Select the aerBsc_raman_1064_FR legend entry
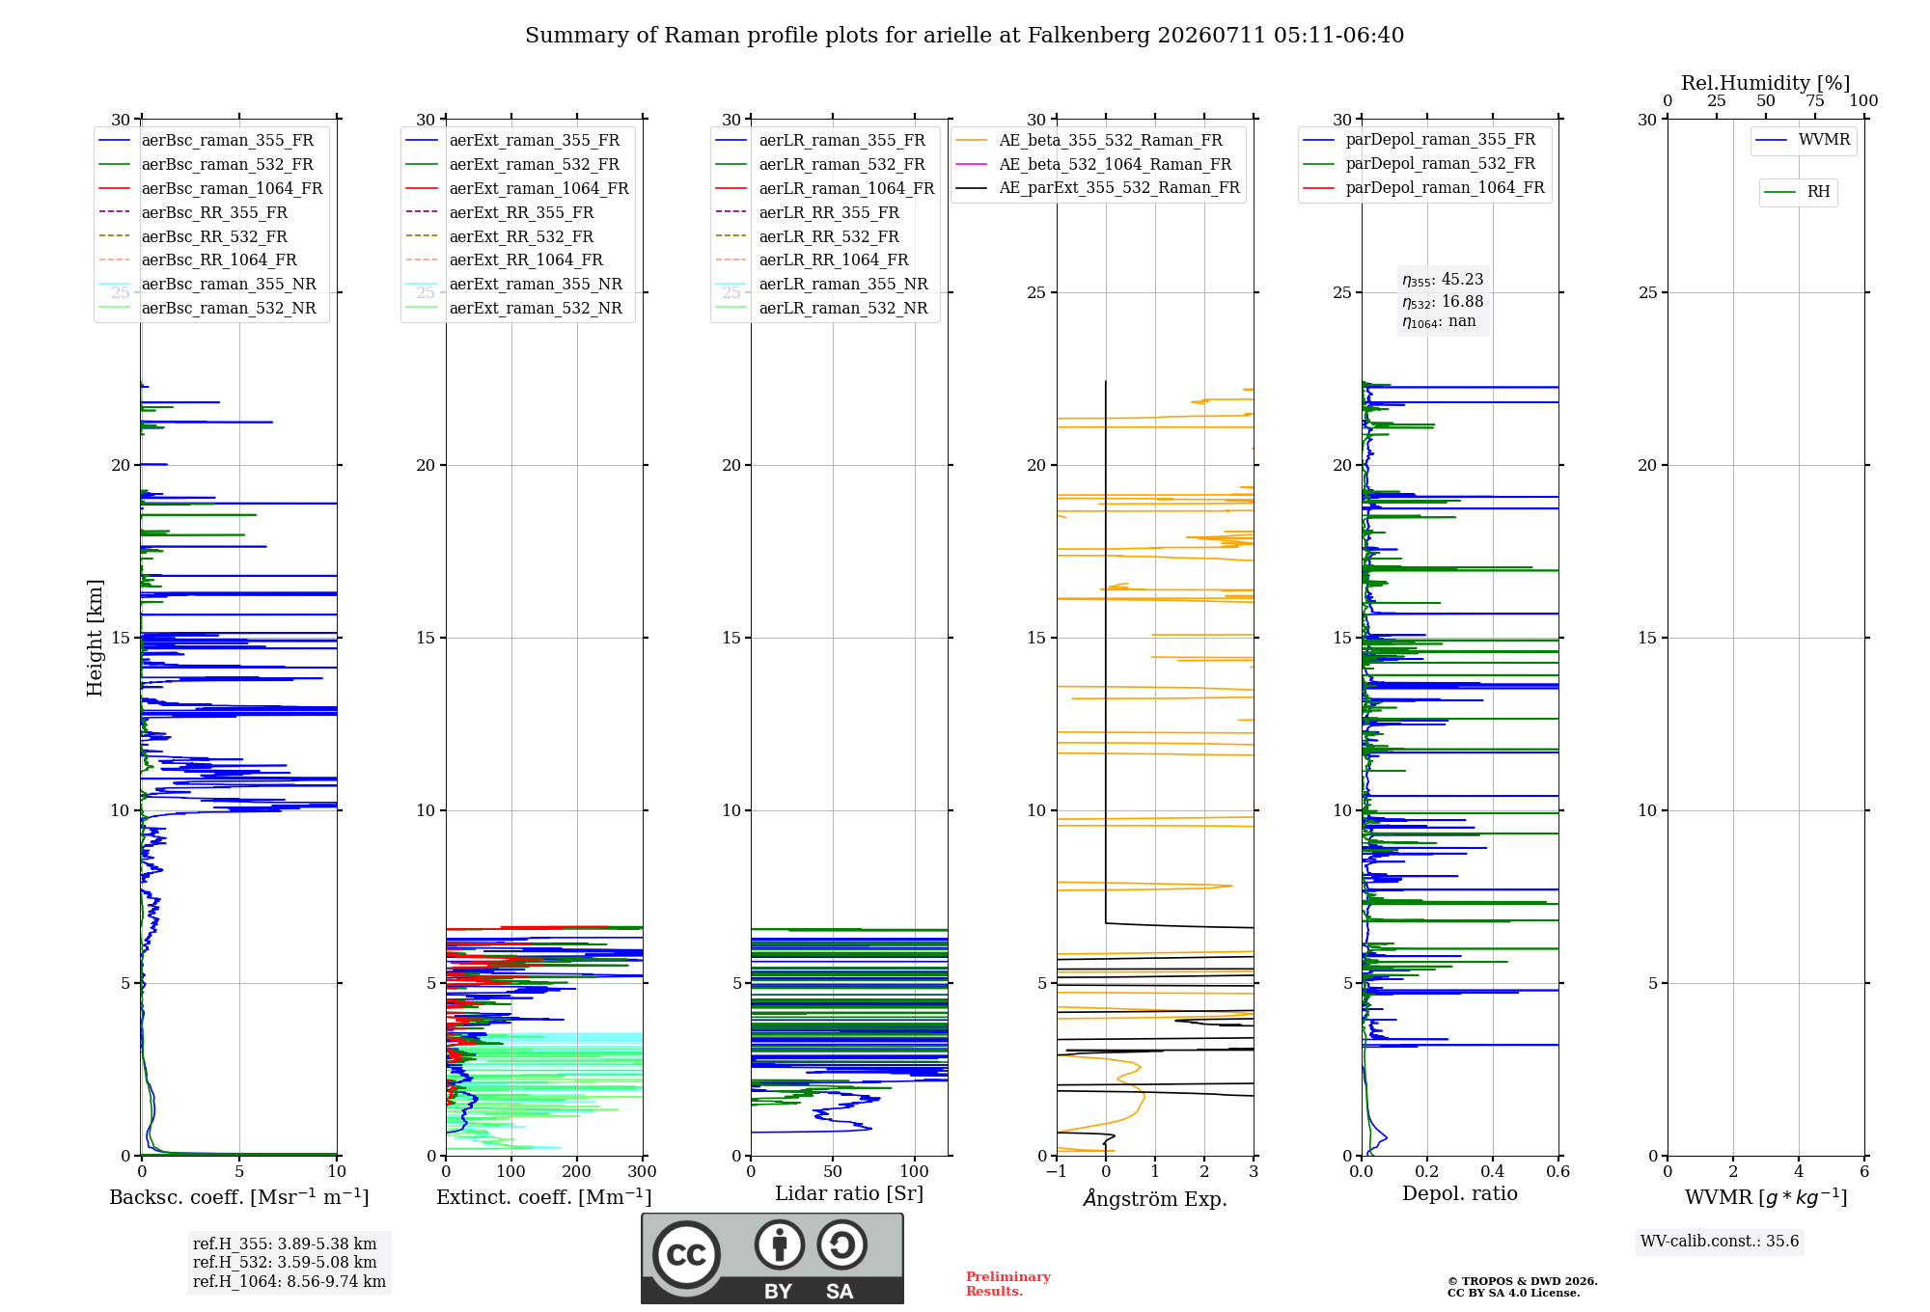click(x=210, y=189)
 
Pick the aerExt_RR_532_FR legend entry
click(x=500, y=236)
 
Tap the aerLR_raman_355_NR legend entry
click(x=821, y=285)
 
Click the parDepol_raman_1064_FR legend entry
click(x=1423, y=188)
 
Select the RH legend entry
click(x=1797, y=192)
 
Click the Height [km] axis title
click(x=95, y=638)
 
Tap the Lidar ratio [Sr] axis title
click(x=849, y=1194)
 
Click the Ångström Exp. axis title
click(x=1155, y=1198)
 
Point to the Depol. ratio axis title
click(x=1460, y=1194)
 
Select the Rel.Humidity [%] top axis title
click(x=1766, y=83)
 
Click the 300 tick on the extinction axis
click(x=643, y=1172)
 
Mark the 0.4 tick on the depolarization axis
click(x=1493, y=1172)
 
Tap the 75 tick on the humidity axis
click(x=1815, y=101)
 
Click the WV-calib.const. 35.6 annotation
click(x=1720, y=1242)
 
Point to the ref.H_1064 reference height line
click(x=289, y=1282)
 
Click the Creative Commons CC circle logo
click(x=686, y=1255)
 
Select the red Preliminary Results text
click(x=1008, y=1284)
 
